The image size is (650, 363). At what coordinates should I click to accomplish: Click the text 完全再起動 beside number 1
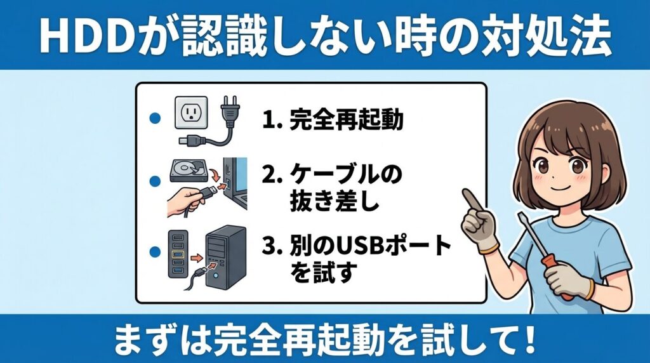pos(346,120)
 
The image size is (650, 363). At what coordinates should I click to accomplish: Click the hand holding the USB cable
pos(185,201)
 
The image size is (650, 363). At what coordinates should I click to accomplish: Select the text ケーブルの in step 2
pos(346,174)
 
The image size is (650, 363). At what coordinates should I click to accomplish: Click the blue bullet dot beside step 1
pos(155,119)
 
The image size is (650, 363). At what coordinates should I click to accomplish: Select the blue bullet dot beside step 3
pos(155,251)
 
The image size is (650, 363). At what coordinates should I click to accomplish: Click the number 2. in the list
pos(272,175)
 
